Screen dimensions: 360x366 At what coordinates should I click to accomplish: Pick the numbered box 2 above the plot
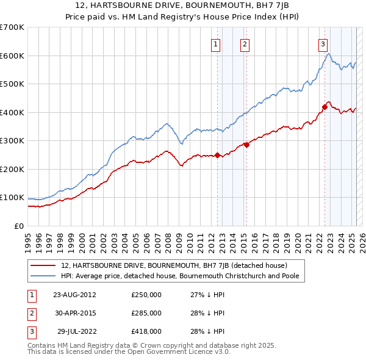(244, 43)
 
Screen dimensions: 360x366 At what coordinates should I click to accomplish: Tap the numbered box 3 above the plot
(322, 43)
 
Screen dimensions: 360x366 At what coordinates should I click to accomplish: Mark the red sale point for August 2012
(218, 155)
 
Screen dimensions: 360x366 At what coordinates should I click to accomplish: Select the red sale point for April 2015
(246, 145)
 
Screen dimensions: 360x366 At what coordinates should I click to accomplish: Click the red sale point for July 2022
(325, 107)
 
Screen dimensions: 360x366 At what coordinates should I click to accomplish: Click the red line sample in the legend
(44, 265)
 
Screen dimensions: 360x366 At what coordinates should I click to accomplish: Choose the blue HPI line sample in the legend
(44, 276)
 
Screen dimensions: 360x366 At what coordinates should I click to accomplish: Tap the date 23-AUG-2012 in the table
(74, 295)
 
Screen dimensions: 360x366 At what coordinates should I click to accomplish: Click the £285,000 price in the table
(146, 313)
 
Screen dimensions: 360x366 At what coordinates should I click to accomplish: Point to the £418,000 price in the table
(146, 331)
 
